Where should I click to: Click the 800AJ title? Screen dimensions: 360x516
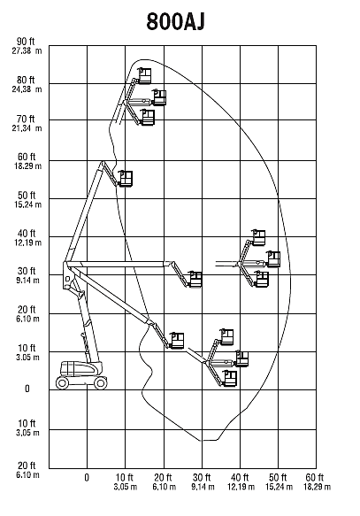point(176,22)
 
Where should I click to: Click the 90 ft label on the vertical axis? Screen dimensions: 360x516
point(26,42)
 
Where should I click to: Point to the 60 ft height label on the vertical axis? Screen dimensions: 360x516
point(27,157)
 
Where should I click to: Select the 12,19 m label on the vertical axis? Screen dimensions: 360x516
point(27,243)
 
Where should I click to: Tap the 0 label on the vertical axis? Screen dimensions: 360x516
point(27,389)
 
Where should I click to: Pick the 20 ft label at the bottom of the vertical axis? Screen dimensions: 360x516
point(27,466)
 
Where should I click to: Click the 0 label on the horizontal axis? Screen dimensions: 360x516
point(87,477)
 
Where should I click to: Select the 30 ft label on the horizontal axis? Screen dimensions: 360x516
point(202,477)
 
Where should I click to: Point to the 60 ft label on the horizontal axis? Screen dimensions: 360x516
point(315,477)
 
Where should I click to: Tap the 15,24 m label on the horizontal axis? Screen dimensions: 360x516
point(280,487)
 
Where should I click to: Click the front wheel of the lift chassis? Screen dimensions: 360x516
point(100,382)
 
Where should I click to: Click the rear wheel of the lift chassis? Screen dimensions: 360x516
point(62,382)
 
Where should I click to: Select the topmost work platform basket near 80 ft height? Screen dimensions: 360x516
point(144,76)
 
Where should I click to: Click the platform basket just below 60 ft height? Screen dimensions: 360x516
point(126,179)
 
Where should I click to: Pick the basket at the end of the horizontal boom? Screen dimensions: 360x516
point(195,280)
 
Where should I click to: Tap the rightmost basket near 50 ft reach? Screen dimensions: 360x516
point(273,259)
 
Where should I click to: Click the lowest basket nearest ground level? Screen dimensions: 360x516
point(230,378)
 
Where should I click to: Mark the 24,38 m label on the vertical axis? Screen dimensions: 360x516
point(27,89)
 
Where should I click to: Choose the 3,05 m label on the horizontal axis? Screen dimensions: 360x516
point(126,487)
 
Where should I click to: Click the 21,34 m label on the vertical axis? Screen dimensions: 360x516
point(27,128)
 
